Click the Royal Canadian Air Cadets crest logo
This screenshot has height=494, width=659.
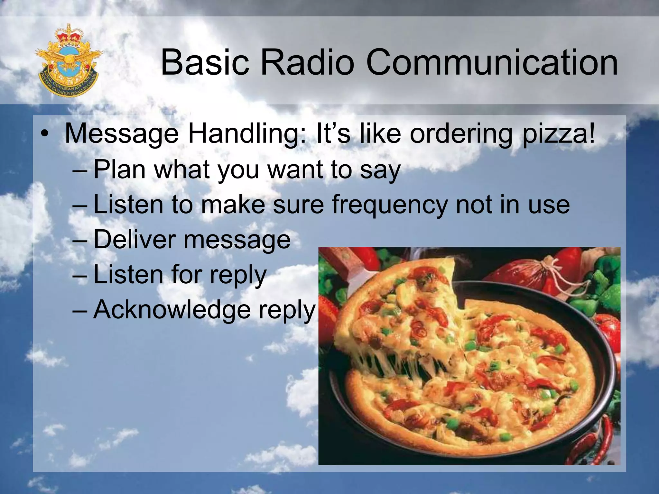[69, 61]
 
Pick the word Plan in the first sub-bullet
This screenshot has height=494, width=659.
[119, 169]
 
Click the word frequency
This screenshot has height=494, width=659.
[390, 205]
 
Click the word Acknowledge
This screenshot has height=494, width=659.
[172, 309]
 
